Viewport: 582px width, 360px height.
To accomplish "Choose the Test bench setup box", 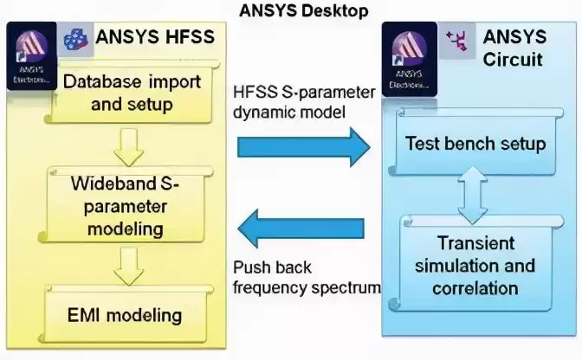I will (475, 142).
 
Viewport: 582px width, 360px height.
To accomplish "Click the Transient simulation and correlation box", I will (475, 265).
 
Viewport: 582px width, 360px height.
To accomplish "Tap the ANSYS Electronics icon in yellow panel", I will (32, 54).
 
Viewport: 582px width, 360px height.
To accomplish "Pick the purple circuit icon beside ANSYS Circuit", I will (456, 40).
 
